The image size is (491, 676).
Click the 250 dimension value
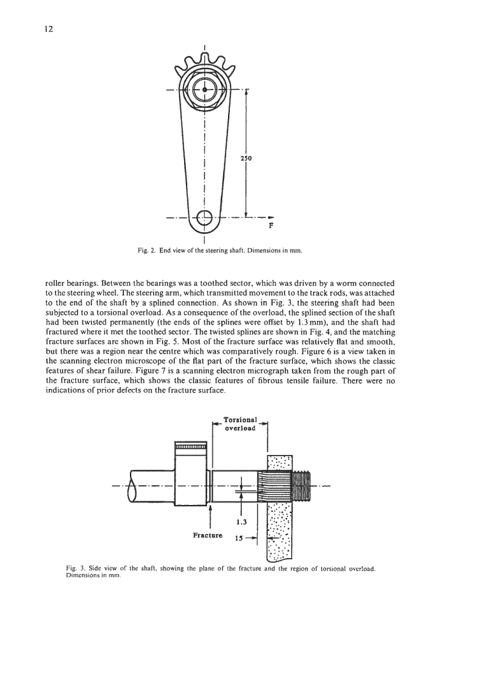coord(246,159)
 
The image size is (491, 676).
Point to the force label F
coord(271,227)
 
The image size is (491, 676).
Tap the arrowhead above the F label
coord(270,217)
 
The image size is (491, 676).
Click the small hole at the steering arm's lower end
coord(205,217)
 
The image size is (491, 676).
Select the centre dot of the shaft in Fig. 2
coord(205,90)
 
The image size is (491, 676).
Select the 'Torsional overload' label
coord(240,424)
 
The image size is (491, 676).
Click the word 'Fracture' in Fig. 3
coord(207,535)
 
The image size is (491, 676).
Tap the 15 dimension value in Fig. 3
coord(238,539)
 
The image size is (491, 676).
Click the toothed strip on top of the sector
coord(191,447)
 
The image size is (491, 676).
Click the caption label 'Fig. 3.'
coord(74,568)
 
